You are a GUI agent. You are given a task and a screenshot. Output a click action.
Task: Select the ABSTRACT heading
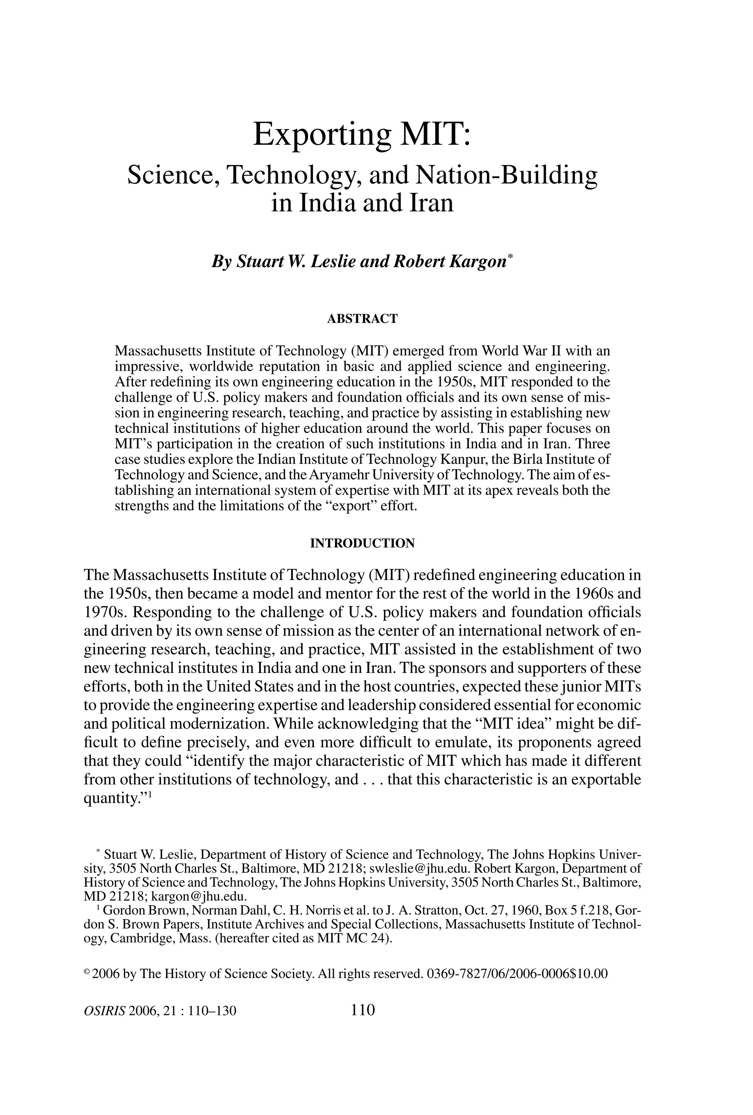[362, 319]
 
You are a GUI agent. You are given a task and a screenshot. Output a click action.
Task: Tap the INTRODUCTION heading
[362, 543]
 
